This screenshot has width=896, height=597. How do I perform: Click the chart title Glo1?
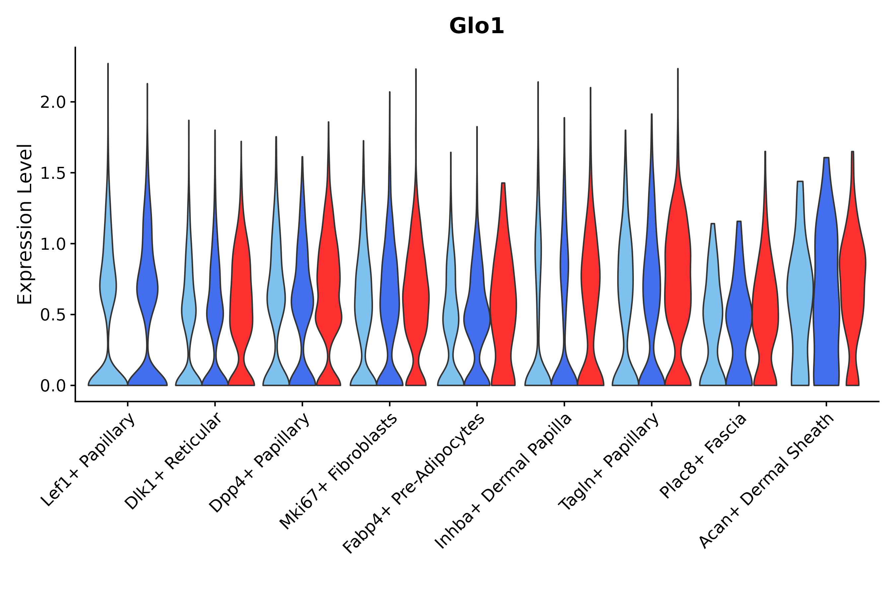(477, 27)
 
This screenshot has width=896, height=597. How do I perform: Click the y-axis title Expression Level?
(25, 224)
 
